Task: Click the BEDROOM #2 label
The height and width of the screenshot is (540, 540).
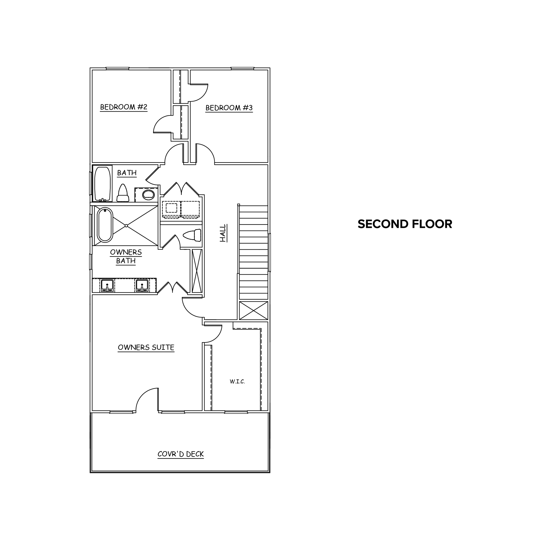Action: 124,107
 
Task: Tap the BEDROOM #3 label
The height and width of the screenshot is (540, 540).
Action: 229,108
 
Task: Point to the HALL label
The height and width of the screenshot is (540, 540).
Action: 223,233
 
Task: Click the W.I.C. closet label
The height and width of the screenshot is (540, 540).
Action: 237,381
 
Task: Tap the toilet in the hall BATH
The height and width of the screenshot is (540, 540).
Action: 123,193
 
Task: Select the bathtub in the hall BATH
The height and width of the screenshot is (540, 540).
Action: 103,184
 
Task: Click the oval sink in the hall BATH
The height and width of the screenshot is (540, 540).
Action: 148,195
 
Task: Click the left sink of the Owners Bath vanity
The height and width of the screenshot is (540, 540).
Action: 107,285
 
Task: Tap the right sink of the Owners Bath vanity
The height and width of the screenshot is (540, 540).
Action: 142,285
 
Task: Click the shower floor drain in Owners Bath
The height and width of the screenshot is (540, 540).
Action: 126,226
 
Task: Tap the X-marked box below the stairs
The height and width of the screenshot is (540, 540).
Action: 254,311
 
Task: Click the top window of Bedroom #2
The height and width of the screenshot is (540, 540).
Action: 117,68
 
